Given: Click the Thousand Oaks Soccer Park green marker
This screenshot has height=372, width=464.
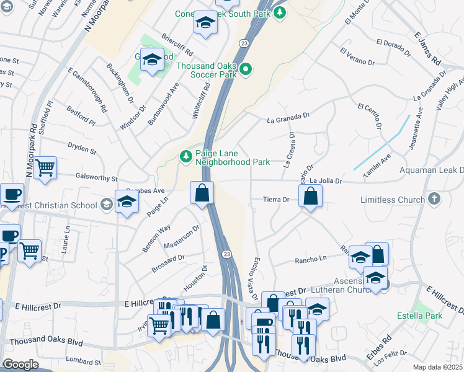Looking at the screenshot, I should click(246, 69).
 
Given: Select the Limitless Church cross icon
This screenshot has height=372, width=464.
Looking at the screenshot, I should click(434, 199).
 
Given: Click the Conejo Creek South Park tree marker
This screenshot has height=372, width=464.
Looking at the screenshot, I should click(280, 12).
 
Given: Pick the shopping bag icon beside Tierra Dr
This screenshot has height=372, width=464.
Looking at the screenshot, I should click(310, 197).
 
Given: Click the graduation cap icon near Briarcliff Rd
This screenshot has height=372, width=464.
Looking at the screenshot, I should click(204, 24).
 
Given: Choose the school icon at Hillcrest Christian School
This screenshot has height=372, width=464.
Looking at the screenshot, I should click(127, 203).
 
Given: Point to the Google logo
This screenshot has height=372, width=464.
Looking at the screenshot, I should click(20, 365).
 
